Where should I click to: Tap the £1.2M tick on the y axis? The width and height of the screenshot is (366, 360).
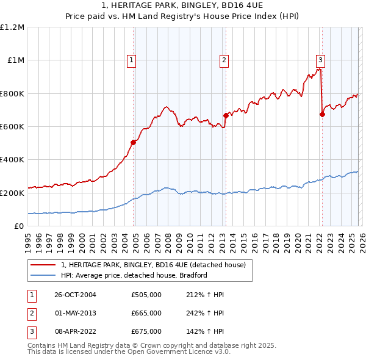click(13, 27)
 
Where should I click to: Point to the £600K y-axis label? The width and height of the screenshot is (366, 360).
click(12, 127)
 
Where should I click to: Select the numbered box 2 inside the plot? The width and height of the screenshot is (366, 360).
click(224, 60)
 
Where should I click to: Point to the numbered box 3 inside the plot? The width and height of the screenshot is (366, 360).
click(320, 60)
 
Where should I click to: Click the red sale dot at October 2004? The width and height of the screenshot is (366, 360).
click(133, 142)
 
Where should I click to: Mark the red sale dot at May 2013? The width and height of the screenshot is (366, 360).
click(225, 115)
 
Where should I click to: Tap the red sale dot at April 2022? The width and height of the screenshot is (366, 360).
click(321, 114)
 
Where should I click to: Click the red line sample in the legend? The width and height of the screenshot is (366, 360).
click(44, 265)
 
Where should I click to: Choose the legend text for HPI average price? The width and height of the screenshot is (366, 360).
click(134, 275)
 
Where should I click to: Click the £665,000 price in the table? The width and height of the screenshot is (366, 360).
click(146, 313)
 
